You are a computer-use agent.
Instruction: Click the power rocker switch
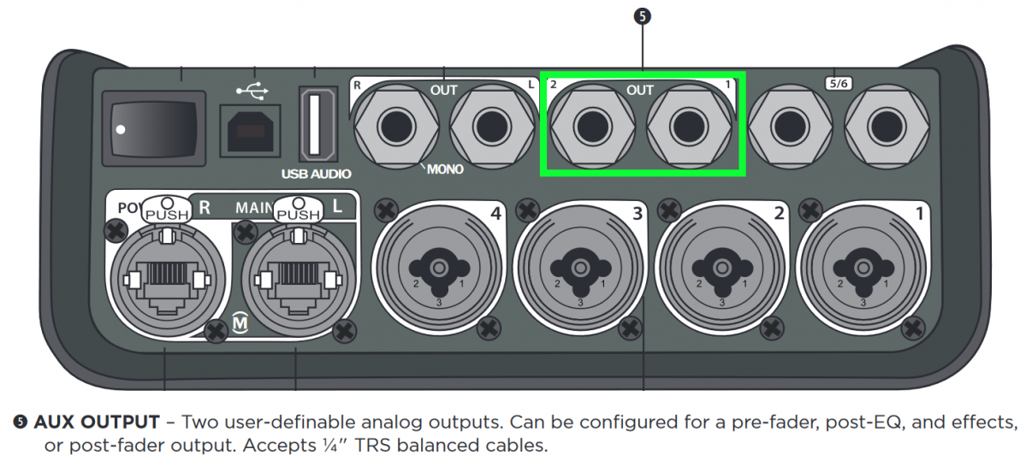154,127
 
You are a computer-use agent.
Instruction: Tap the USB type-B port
250,130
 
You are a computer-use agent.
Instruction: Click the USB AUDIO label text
317,174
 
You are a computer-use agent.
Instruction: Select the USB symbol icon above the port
250,89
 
